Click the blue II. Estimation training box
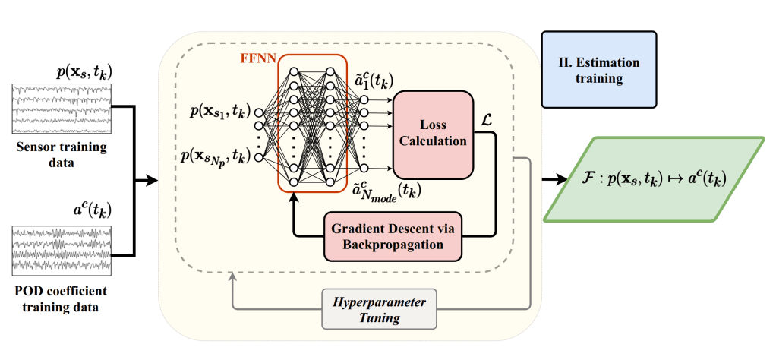click(598, 68)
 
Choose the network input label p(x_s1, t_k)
click(218, 112)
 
